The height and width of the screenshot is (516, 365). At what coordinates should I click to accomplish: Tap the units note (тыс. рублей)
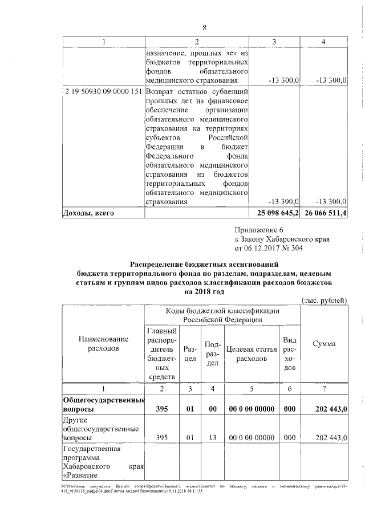[x=323, y=300]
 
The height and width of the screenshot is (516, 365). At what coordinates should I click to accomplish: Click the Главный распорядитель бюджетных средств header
[x=162, y=354]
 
